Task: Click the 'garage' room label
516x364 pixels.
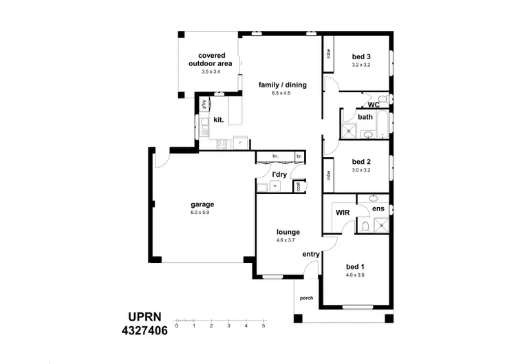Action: pyautogui.click(x=202, y=204)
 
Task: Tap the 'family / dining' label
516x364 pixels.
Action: pyautogui.click(x=282, y=85)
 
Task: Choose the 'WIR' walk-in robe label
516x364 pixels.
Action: pyautogui.click(x=343, y=213)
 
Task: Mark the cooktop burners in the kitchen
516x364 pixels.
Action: pyautogui.click(x=222, y=144)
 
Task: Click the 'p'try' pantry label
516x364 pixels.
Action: pyautogui.click(x=204, y=103)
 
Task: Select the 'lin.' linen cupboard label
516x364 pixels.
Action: pyautogui.click(x=275, y=156)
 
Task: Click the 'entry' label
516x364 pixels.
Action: pyautogui.click(x=311, y=255)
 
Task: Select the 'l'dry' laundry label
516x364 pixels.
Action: pyautogui.click(x=279, y=175)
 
